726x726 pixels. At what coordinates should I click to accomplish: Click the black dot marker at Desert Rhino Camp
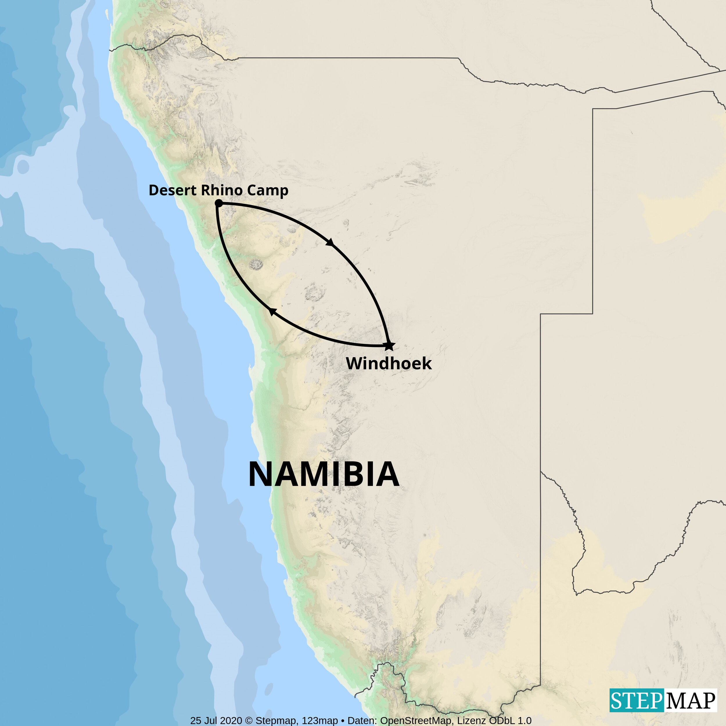(219, 204)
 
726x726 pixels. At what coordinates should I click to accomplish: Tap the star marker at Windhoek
(389, 345)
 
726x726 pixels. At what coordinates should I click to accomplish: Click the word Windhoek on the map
(389, 363)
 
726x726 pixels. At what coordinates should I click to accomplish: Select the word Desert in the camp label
(173, 190)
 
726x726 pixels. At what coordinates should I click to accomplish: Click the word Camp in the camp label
(267, 191)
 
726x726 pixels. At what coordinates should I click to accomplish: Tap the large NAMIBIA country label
(324, 474)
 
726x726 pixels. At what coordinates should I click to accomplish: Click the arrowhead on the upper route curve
(330, 242)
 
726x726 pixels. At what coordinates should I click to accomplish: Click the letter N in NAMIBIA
(262, 474)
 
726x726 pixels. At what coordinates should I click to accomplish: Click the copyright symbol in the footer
(249, 721)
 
